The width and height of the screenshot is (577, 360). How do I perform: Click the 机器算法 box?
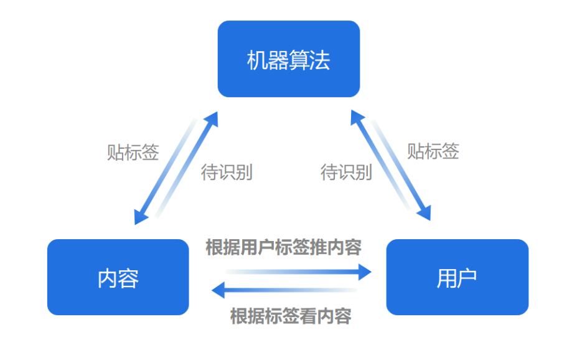tap(288, 59)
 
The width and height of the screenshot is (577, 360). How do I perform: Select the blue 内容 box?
tap(118, 277)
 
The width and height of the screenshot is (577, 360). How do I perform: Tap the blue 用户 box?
tap(457, 277)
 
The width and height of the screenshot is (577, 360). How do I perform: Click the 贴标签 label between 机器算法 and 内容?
tap(133, 152)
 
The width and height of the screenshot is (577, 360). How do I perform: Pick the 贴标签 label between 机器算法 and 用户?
tap(433, 151)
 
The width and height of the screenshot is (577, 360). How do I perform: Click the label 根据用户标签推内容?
tap(283, 247)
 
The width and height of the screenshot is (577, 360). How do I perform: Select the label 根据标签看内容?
tap(291, 316)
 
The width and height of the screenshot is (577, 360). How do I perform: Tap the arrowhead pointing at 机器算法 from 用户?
tap(356, 116)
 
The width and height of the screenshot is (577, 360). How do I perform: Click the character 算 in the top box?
tap(302, 60)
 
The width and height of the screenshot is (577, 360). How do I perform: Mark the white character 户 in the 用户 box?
tap(467, 278)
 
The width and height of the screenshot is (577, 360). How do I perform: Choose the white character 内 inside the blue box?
tap(107, 278)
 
